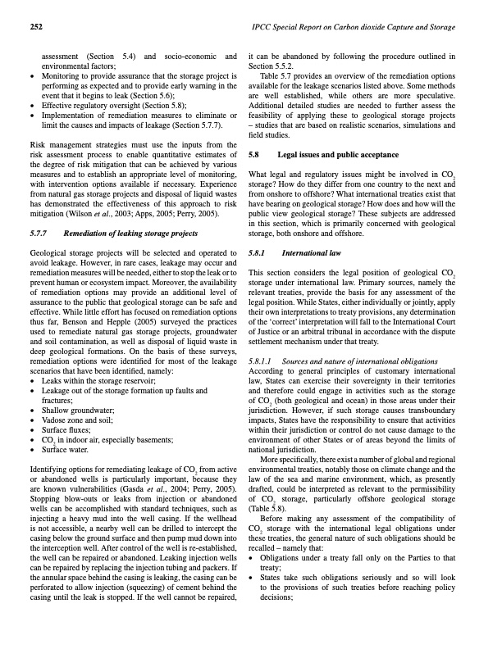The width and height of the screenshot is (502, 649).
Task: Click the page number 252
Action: coord(36,27)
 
